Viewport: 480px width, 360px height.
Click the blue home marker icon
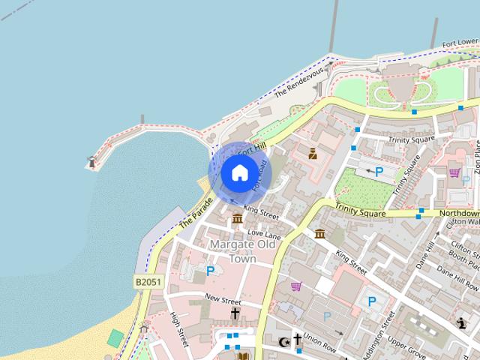tap(238, 172)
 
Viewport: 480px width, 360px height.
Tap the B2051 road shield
tap(148, 282)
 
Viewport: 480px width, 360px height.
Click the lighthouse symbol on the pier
tap(92, 161)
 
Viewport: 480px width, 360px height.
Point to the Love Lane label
tap(263, 235)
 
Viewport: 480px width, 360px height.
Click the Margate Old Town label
tap(232, 251)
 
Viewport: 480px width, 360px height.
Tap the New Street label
tap(223, 298)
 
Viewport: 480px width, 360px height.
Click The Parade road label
tap(196, 213)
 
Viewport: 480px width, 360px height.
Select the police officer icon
tap(313, 154)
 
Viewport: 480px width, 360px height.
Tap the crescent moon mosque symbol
tap(283, 342)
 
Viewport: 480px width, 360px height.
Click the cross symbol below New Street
tap(235, 313)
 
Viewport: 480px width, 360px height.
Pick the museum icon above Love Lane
tap(237, 218)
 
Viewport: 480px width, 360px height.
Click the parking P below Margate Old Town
tap(210, 271)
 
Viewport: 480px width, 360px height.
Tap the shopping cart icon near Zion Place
tap(454, 172)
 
